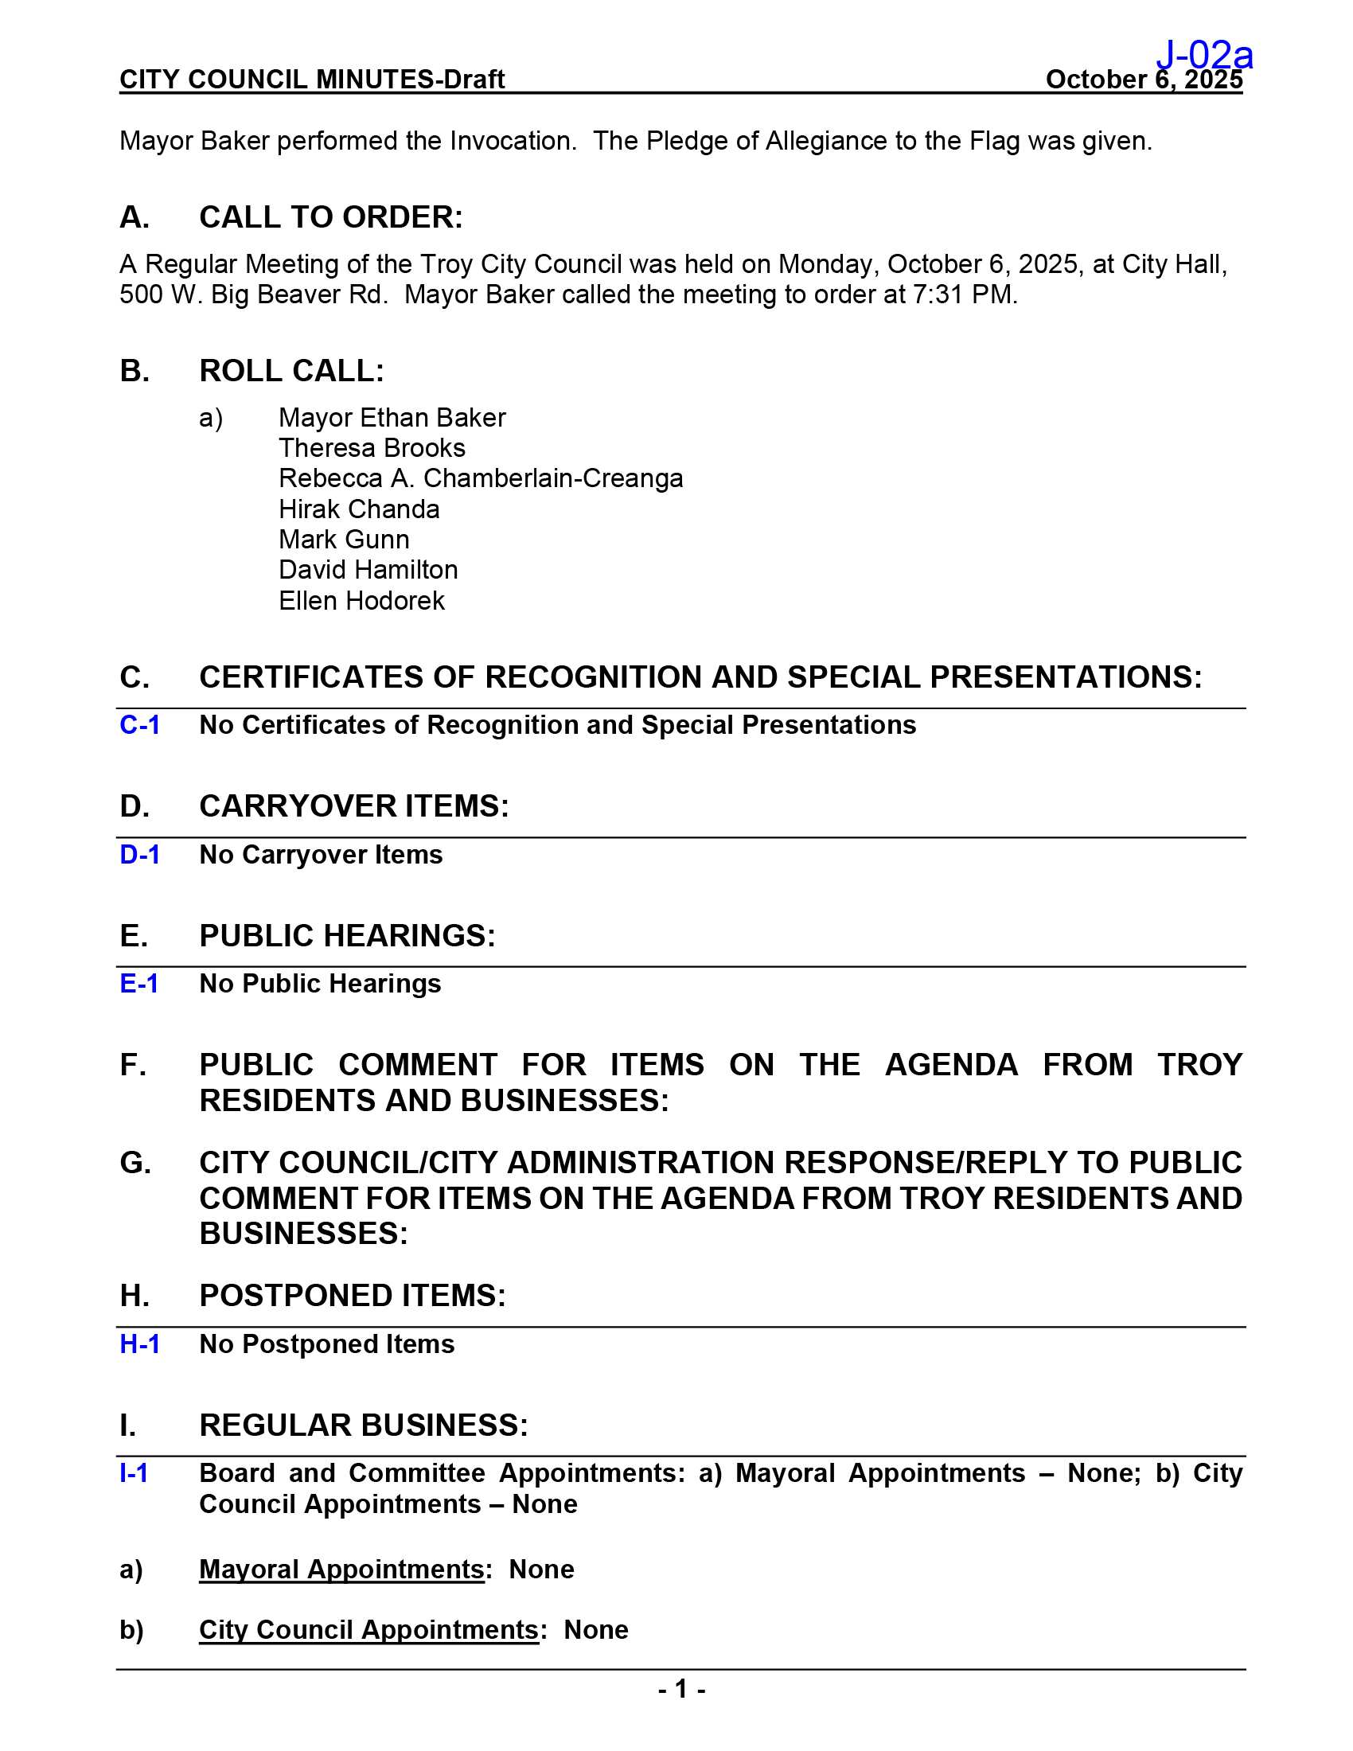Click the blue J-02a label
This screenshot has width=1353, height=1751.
click(1204, 54)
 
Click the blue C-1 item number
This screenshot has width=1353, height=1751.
click(139, 725)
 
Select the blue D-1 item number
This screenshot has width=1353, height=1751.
click(139, 855)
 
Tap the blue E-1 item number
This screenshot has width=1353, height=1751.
click(138, 984)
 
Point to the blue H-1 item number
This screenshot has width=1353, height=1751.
click(139, 1344)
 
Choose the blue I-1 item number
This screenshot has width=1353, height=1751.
click(133, 1473)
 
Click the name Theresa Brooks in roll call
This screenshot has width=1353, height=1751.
click(372, 448)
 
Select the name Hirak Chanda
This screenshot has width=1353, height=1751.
click(359, 509)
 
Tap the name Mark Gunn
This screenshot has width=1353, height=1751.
click(344, 540)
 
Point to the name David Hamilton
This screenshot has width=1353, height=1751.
click(368, 570)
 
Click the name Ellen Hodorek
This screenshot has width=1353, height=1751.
click(361, 600)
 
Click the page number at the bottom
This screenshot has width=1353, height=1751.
click(681, 1690)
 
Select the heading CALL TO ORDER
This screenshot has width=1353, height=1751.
click(331, 217)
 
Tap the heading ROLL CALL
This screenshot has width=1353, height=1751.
click(292, 371)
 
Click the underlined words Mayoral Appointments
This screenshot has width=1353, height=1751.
click(341, 1569)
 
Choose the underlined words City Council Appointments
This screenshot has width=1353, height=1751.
click(368, 1630)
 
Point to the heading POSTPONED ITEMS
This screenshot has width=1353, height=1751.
click(353, 1296)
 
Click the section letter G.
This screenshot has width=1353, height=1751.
click(135, 1163)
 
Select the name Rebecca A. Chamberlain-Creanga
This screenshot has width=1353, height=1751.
click(481, 478)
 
